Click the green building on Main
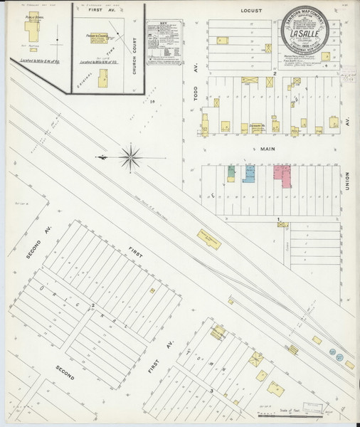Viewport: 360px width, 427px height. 231,172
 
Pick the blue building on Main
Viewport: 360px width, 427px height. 249,174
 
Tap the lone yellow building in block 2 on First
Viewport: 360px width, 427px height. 152,290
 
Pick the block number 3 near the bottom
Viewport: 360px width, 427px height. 211,391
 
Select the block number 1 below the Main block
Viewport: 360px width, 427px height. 279,218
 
